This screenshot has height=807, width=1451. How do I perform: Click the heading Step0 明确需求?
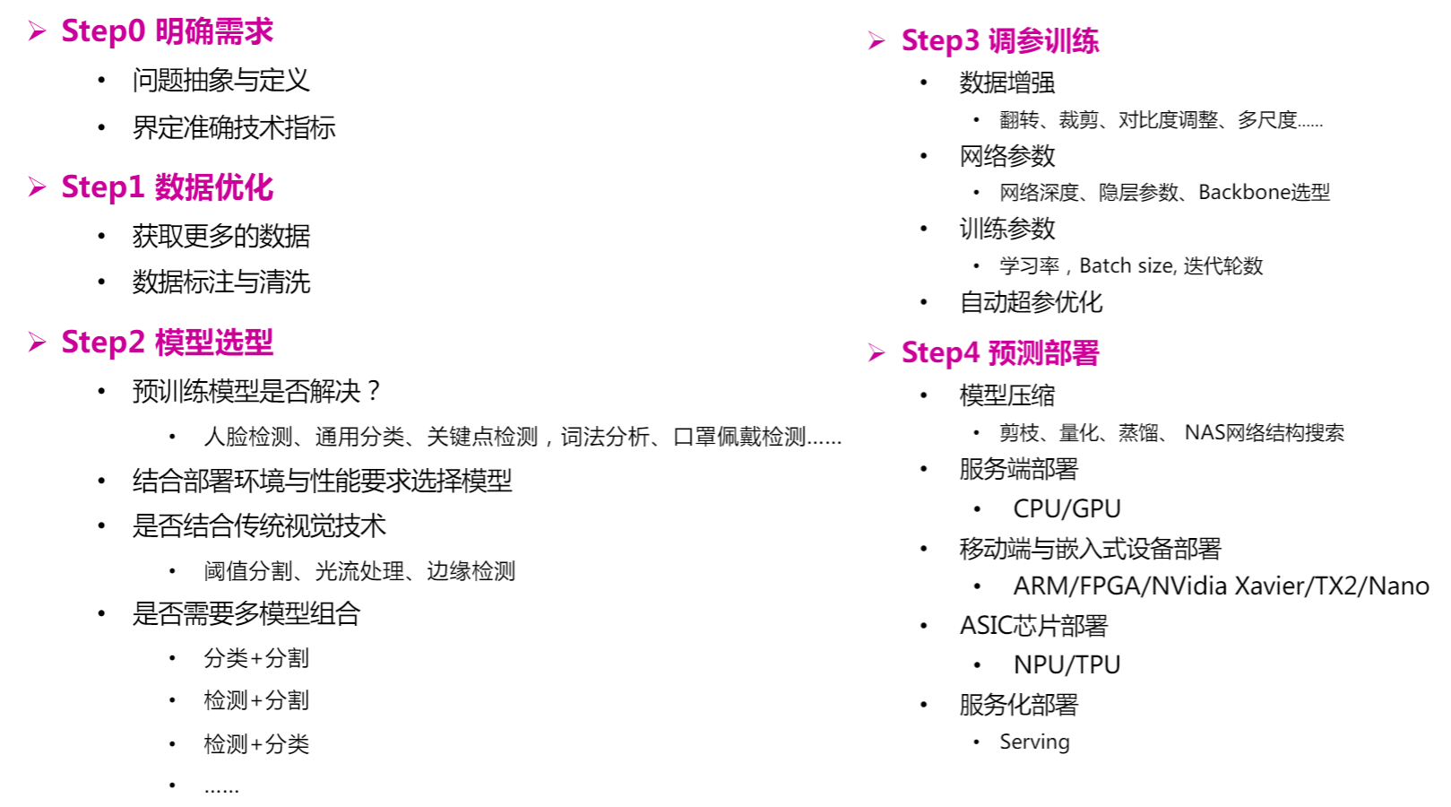(167, 31)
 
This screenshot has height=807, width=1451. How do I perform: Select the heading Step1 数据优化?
(167, 187)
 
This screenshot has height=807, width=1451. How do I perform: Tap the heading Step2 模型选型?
(167, 343)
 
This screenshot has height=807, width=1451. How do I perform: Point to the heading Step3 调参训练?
(999, 41)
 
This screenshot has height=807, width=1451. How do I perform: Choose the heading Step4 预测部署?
(999, 353)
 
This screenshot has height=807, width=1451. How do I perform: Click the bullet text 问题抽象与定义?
(220, 81)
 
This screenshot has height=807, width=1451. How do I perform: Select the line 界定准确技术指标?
(234, 127)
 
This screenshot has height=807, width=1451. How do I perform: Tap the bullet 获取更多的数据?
(220, 236)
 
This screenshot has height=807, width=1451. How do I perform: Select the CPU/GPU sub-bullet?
(1067, 509)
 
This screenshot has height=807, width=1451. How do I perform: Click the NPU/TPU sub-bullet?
(1067, 665)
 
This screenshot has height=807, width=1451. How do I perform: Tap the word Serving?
(1034, 742)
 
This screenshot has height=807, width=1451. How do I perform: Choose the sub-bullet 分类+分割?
(256, 658)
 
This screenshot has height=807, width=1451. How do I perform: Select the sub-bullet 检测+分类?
(256, 744)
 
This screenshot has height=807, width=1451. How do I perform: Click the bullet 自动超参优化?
(1031, 303)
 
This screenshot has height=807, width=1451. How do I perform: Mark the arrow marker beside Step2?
(37, 343)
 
